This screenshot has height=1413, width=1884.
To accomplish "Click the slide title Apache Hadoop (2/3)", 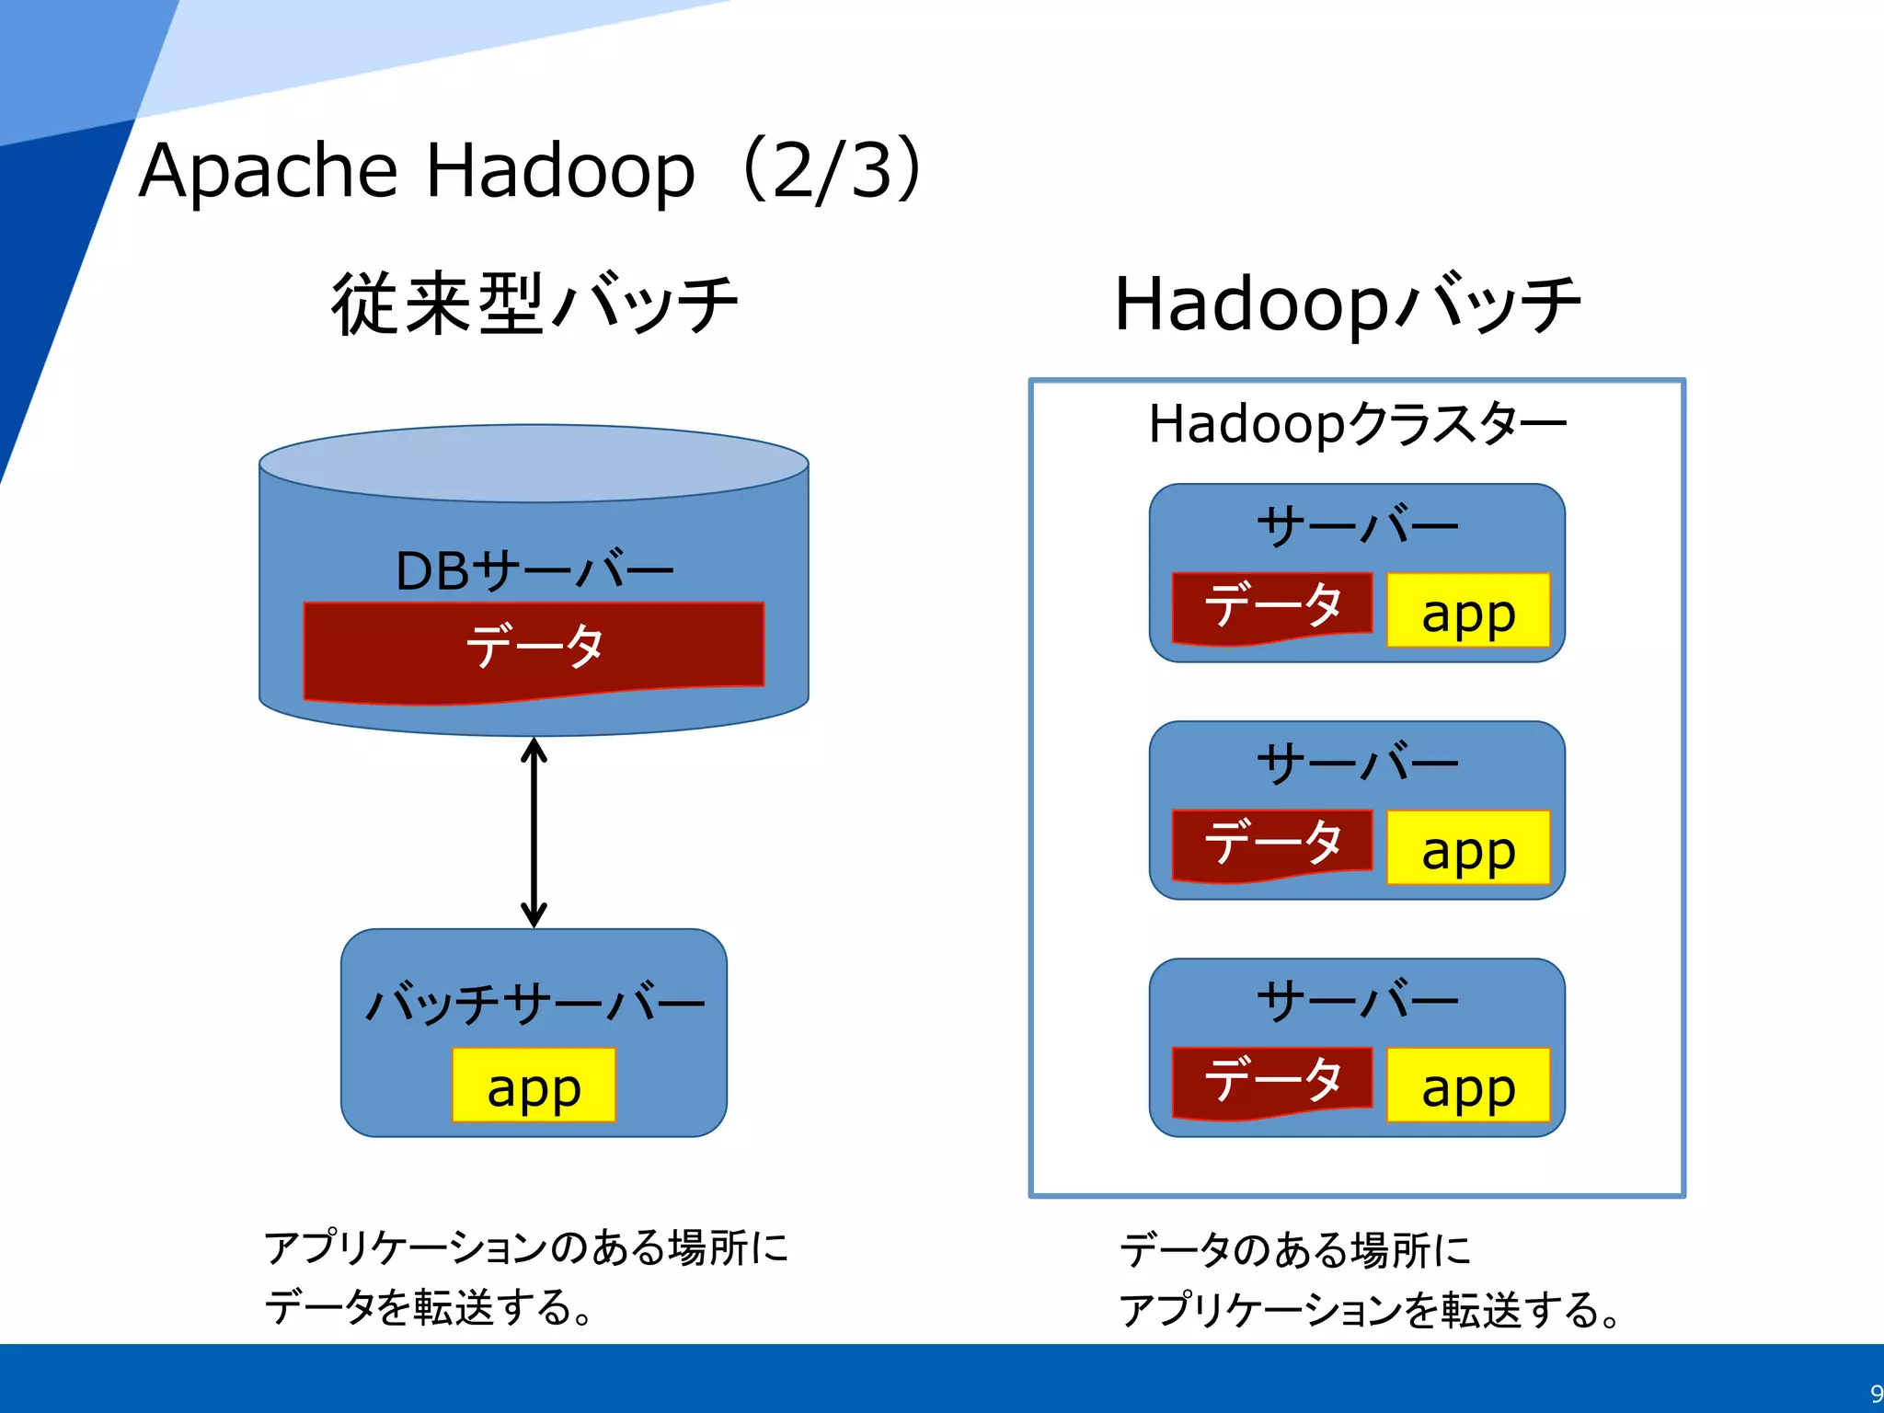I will point(529,170).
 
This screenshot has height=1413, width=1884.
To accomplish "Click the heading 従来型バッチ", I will point(534,304).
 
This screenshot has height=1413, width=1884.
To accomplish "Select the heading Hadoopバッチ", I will point(1347,304).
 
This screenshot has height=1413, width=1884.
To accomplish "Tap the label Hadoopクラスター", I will point(1357,424).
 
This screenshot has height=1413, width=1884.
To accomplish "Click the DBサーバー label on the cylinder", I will point(534,571).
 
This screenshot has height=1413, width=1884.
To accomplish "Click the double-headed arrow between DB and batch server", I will point(534,833).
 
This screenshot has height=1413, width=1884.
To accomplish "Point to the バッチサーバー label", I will point(534,1003).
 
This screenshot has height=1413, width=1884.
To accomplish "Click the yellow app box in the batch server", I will point(534,1086).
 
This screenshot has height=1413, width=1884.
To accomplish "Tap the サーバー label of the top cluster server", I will point(1357,527).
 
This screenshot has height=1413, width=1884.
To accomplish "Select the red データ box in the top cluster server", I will point(1272,606).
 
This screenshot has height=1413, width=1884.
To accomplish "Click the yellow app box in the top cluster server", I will point(1468,611).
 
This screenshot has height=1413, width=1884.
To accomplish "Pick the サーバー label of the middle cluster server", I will point(1357,764).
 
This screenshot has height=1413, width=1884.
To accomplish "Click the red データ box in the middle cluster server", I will point(1272,844).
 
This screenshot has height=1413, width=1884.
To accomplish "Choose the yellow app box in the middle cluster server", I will point(1468,848).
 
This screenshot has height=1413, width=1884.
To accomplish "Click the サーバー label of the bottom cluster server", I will point(1357,1001).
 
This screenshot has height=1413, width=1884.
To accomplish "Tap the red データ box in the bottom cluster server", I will point(1272,1081).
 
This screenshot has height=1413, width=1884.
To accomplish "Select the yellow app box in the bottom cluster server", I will point(1468,1086).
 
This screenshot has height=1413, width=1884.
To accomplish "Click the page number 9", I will point(1875,1393).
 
